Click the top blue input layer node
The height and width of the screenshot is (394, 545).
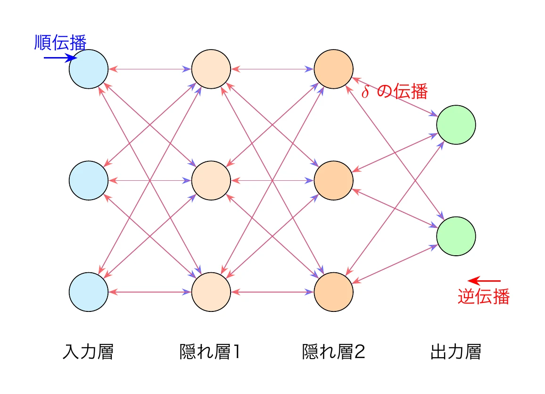(x=89, y=69)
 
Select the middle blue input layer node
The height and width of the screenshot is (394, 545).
(x=89, y=180)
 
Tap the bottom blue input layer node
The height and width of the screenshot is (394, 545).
(x=89, y=292)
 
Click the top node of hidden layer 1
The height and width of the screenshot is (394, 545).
(x=211, y=69)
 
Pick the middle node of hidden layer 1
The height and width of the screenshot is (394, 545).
(x=211, y=180)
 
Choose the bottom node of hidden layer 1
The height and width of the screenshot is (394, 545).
(x=211, y=292)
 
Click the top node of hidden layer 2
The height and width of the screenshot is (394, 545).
(x=334, y=69)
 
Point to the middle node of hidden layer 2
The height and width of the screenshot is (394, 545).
(x=334, y=180)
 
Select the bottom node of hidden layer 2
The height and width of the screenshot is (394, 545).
(x=334, y=292)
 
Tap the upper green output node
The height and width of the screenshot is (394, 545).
(x=456, y=125)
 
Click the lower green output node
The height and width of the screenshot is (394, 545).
(x=456, y=236)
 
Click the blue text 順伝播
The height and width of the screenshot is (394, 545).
(x=60, y=43)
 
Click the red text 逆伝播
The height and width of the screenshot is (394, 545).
(x=484, y=296)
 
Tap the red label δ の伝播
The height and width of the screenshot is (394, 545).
(x=394, y=92)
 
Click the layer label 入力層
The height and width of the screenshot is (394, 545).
(x=88, y=352)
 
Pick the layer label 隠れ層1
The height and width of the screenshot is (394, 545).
(x=210, y=352)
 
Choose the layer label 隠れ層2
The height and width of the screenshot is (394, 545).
(x=333, y=352)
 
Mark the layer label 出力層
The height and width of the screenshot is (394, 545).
(x=455, y=352)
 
